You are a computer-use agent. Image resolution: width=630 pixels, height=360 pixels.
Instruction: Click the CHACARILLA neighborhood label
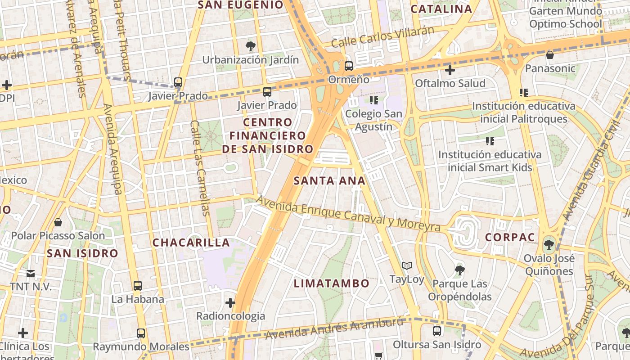[191, 243]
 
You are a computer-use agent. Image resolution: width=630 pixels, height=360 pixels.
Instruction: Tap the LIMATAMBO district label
[332, 283]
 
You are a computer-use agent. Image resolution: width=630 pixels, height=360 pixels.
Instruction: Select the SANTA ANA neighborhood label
[329, 181]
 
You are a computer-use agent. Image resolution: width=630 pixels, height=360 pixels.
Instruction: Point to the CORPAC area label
[510, 237]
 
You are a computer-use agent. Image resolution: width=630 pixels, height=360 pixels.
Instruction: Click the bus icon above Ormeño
[349, 66]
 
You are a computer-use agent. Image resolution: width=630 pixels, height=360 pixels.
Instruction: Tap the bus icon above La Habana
[138, 285]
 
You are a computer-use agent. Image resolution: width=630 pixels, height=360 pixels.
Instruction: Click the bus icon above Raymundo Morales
[141, 333]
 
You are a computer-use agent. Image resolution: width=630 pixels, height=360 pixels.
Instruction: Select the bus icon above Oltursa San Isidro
[436, 331]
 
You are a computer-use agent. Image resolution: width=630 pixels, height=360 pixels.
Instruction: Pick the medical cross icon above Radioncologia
[230, 302]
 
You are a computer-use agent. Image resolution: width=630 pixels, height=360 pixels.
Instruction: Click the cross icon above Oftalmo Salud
[450, 70]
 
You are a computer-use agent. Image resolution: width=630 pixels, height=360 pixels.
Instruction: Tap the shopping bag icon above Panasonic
[549, 55]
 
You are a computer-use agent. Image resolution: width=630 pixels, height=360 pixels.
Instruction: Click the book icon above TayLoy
[407, 266]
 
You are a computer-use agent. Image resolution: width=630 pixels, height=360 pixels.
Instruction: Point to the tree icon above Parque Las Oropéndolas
[459, 270]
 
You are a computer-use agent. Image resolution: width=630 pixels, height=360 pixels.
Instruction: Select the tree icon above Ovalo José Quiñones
[549, 245]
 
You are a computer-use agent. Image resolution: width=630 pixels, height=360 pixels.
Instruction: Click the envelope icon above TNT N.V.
[31, 273]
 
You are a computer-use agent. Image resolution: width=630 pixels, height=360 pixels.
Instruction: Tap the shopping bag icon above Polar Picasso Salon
[58, 222]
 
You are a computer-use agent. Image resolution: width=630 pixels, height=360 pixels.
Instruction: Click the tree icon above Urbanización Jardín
[251, 46]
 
